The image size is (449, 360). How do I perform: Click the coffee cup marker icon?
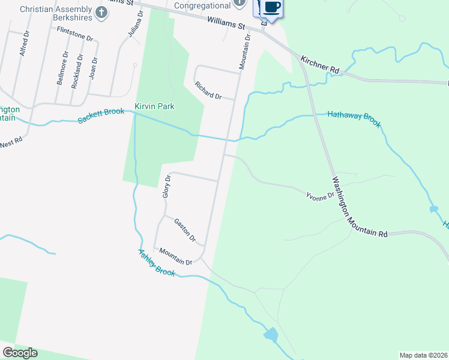271,8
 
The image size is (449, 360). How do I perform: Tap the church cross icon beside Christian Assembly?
101,10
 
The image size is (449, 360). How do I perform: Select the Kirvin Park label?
154,106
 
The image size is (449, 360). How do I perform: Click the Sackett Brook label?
101,115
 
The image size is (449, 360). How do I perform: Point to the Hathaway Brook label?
354,118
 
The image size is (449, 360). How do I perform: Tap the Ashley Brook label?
157,263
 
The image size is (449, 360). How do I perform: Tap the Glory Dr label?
167,186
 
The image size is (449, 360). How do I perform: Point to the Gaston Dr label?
185,230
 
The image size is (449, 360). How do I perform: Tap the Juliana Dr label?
136,25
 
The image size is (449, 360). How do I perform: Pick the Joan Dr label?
93,69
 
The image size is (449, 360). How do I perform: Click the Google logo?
20,353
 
